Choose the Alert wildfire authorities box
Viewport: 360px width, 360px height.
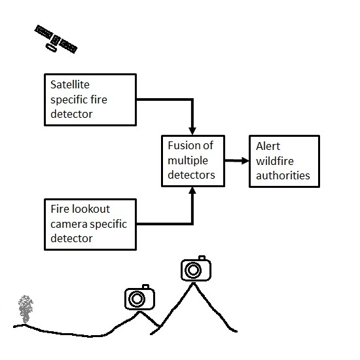click(x=283, y=160)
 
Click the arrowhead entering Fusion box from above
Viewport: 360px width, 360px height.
click(x=192, y=129)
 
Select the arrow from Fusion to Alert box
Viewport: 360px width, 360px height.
click(x=235, y=160)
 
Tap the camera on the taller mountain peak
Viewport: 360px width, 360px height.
click(x=194, y=268)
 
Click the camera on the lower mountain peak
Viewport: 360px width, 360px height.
click(x=138, y=298)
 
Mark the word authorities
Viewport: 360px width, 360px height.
click(x=283, y=175)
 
